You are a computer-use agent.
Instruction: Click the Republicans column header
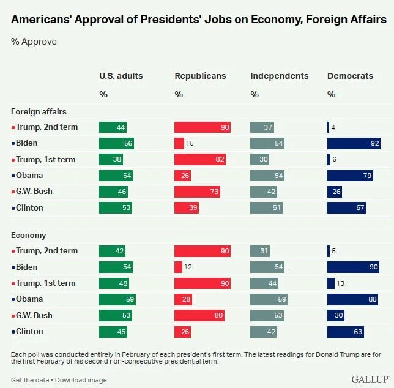point(200,76)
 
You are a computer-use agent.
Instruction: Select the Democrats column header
point(350,76)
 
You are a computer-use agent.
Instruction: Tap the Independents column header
point(280,76)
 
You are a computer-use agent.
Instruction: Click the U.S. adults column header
point(121,76)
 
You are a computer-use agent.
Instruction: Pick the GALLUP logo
point(370,379)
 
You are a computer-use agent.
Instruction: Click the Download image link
point(81,380)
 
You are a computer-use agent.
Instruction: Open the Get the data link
point(30,380)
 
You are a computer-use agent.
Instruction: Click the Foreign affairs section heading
point(39,111)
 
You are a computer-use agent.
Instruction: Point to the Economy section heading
point(28,236)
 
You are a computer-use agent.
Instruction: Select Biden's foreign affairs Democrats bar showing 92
point(354,143)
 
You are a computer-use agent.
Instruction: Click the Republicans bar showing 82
point(200,159)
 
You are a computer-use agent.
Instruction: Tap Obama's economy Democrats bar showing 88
point(352,299)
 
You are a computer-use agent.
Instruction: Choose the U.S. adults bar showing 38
point(111,159)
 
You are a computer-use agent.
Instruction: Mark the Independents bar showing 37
point(262,127)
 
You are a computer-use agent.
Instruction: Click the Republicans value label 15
point(190,143)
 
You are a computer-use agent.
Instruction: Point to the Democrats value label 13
point(341,283)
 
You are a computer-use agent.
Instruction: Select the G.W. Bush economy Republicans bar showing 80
point(199,315)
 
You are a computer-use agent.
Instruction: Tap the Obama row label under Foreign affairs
point(27,176)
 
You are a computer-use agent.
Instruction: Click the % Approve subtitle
point(34,42)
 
